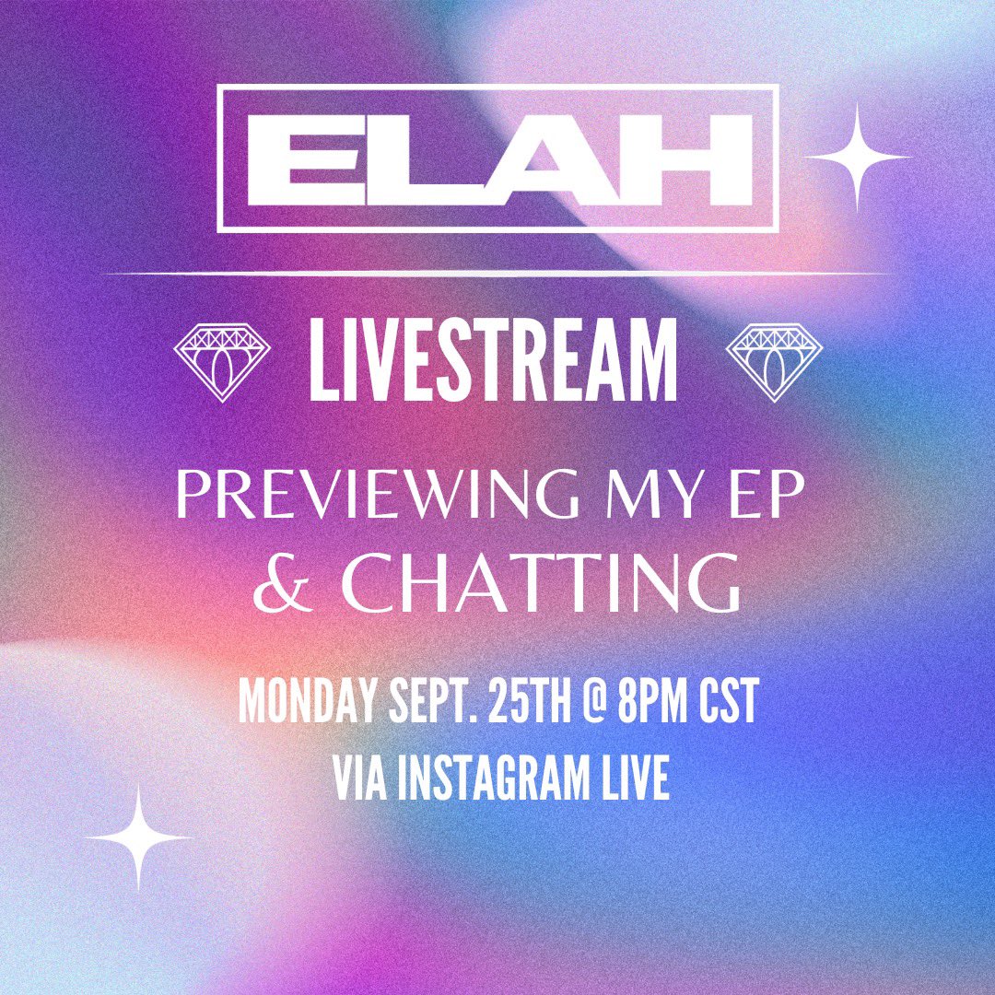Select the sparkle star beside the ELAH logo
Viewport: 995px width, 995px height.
857,157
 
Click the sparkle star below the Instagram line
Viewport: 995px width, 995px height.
139,837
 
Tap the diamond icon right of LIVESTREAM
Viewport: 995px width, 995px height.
774,361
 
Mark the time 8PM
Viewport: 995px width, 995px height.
653,705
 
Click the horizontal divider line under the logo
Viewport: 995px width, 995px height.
497,274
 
